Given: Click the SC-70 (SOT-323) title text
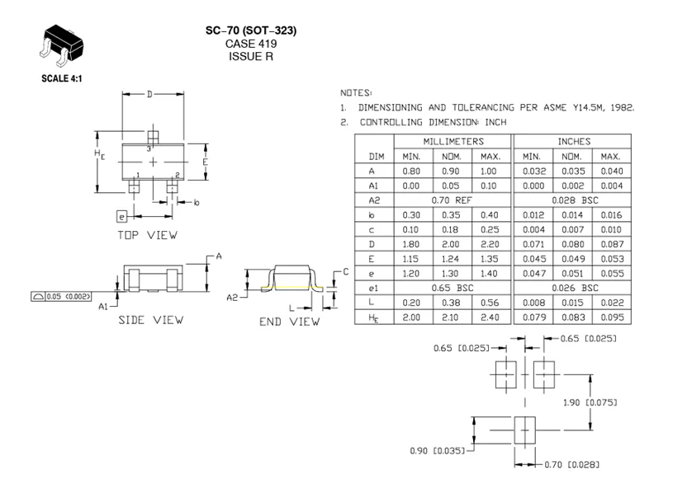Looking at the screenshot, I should coord(251,31).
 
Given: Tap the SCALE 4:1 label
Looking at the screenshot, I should coord(63,79).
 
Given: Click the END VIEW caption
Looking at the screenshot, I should coord(289,322).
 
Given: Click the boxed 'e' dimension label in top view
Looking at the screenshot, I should coord(122,217).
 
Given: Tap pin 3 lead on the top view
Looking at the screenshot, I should coord(152,136).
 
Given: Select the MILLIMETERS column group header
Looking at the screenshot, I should coord(453,142).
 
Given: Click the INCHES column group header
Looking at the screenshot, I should coord(574,142).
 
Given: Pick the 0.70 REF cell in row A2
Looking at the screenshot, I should coord(453,200).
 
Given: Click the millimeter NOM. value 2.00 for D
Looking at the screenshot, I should coord(453,244).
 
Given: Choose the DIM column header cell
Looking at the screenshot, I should coord(377,156).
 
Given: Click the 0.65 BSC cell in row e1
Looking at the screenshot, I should coord(453,289).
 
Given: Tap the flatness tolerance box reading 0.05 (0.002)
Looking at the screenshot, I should coord(62,295).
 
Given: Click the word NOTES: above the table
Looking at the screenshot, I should coord(356,92).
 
